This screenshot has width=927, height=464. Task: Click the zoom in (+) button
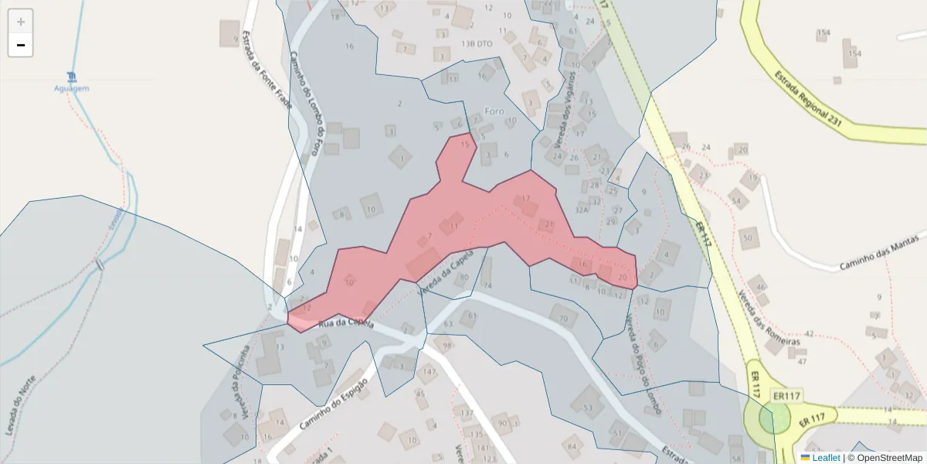(x=21, y=22)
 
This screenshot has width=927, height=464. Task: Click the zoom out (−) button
(x=21, y=45)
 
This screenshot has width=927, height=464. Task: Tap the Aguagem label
(x=72, y=88)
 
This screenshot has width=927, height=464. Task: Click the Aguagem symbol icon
(x=72, y=76)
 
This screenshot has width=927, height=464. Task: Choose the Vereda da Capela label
(x=444, y=275)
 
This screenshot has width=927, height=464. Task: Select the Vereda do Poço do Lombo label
(x=643, y=364)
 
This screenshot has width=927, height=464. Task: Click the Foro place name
(x=494, y=111)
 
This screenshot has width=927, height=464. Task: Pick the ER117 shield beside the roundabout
(x=787, y=397)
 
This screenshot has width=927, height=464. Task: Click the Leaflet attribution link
(x=826, y=458)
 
